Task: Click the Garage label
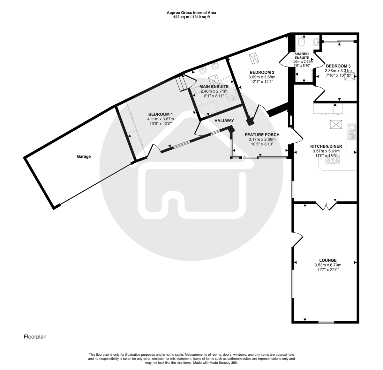[84, 156]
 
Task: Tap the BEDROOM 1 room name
[161, 114]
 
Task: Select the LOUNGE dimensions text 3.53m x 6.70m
[328, 265]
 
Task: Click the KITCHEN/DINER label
[326, 146]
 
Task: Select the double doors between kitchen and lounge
[326, 206]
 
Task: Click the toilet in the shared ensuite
[301, 42]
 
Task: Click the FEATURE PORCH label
[262, 135]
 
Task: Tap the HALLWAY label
[224, 121]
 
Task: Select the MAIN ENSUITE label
[214, 86]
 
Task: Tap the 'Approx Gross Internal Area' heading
[191, 13]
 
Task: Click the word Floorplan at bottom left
[35, 337]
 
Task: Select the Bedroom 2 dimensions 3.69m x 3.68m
[262, 77]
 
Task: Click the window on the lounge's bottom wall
[326, 322]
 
